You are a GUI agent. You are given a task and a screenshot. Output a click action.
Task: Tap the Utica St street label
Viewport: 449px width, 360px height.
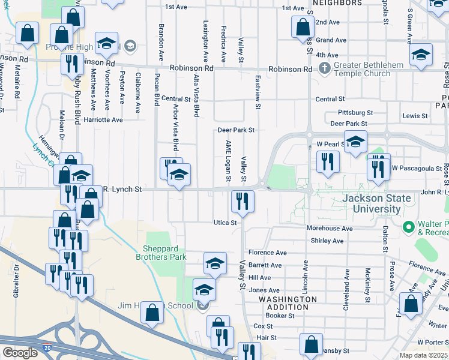(x=226, y=223)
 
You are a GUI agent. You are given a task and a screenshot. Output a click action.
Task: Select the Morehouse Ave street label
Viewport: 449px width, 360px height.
(x=330, y=229)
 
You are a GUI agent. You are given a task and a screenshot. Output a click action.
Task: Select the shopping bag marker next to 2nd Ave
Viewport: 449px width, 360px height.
(x=303, y=27)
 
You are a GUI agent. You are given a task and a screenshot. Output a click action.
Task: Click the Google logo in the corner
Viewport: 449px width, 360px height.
(x=20, y=353)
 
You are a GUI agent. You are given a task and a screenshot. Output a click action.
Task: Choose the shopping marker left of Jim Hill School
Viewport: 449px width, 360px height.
(x=152, y=312)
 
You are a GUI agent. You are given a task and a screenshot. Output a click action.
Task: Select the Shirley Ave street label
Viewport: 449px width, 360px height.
(x=327, y=241)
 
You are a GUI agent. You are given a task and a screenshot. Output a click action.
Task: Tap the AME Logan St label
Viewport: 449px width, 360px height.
(x=228, y=161)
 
